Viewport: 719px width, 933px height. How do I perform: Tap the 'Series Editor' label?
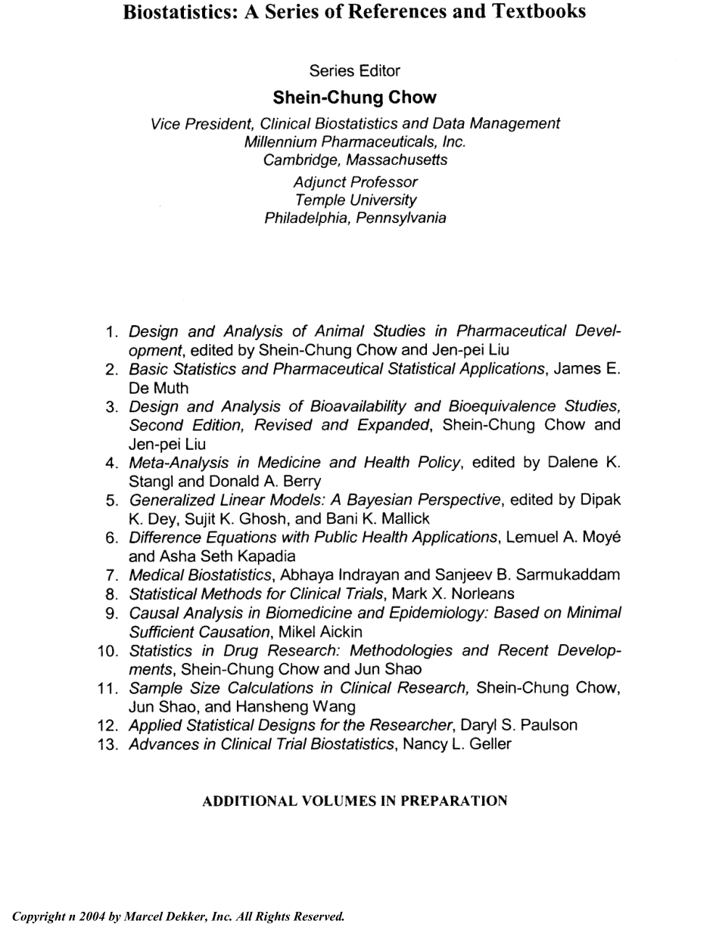355,71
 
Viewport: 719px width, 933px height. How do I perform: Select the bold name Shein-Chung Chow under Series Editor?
355,98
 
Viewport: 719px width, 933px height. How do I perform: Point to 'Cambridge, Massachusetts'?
355,160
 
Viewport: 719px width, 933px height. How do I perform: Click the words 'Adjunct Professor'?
355,182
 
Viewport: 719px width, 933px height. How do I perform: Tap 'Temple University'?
355,200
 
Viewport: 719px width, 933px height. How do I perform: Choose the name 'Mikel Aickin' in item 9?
320,631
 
